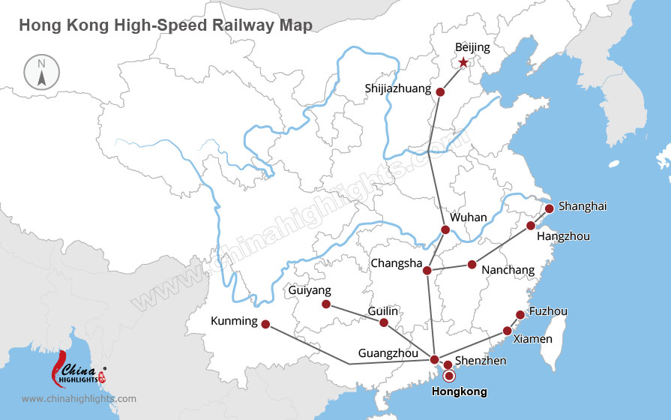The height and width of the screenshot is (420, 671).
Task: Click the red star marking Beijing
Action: point(463,63)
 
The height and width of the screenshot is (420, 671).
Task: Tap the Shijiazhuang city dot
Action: point(440,92)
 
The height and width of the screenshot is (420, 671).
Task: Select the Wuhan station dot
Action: point(445,229)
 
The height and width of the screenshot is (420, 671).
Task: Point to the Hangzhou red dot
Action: point(531,225)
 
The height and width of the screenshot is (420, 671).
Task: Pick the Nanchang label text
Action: point(508,270)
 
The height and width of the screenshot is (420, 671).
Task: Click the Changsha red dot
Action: point(427,271)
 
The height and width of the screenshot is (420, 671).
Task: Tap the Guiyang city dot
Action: point(325,304)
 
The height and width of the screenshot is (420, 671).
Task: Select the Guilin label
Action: point(383,310)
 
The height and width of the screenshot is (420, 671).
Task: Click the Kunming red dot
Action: point(265,325)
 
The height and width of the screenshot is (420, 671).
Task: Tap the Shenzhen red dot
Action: point(448,365)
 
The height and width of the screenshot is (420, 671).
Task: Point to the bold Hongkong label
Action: point(460,391)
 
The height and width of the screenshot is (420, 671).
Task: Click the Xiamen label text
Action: point(532,339)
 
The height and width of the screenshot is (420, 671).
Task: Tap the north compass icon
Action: point(41,72)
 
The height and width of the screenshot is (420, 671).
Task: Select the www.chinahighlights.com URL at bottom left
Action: point(79,399)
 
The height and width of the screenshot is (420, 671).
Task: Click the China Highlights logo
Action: point(77,369)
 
